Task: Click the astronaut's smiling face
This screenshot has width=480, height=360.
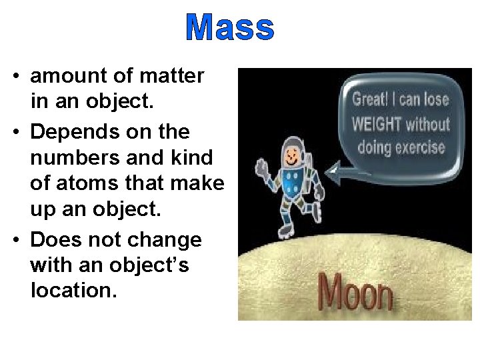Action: [x=291, y=158]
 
